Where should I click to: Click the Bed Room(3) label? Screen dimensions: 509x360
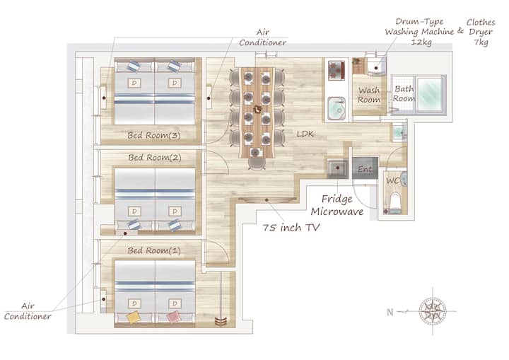coord(154,136)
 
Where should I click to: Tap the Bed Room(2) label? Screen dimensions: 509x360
coord(155,158)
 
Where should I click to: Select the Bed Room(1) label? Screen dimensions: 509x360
coord(154,250)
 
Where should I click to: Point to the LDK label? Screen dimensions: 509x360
coord(305,134)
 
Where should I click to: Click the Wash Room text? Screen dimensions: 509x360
coord(369,95)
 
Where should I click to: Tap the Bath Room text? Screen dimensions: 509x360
coord(404,93)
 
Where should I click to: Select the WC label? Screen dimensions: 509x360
coord(392,180)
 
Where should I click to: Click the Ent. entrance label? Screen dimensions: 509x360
coord(365,169)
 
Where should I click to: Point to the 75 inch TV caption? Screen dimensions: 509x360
coord(291,228)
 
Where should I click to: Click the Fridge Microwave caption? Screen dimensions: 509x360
coord(337,205)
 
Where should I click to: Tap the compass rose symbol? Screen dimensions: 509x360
coord(433,311)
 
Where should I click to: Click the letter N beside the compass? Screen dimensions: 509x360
coord(390,312)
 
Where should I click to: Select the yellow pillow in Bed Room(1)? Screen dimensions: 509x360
coord(134,317)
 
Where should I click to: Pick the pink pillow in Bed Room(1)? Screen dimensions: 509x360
coord(174,317)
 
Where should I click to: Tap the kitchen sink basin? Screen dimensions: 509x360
coord(337,108)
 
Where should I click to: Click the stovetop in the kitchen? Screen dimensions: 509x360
coord(337,70)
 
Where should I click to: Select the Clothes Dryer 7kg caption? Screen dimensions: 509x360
coord(481,32)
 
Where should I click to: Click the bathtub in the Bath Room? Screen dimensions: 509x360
coord(430,93)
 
